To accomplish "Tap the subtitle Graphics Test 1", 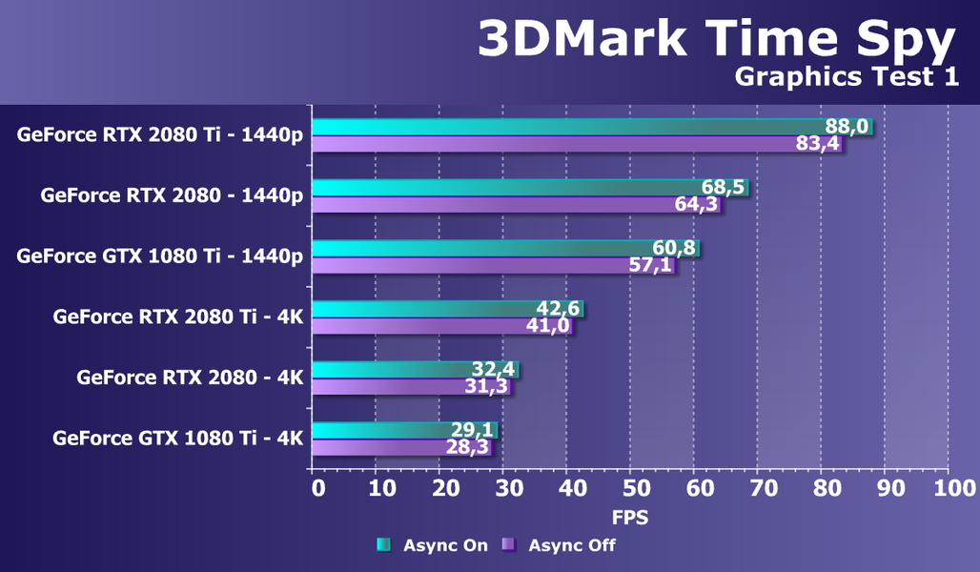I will [847, 78].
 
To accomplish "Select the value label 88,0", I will [846, 127].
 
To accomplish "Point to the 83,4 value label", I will [817, 144].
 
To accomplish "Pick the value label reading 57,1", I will [650, 265].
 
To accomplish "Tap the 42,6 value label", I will [559, 309].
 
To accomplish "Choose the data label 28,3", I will [468, 447].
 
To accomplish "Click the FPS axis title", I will [629, 518].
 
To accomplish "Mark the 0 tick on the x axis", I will [318, 489].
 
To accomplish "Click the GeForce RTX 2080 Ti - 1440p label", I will [159, 134].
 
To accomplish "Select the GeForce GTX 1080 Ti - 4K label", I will [177, 439].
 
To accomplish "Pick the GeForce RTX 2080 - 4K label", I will [190, 378].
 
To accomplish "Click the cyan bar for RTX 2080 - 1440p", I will [505, 188].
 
